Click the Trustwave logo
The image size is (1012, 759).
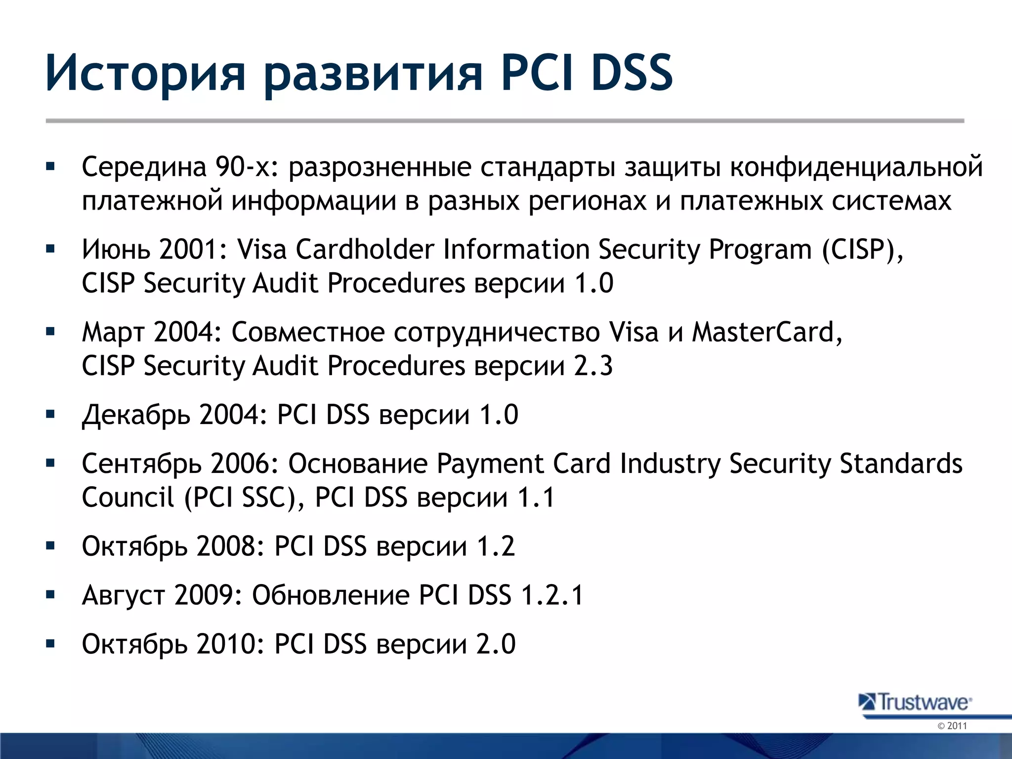pos(916,702)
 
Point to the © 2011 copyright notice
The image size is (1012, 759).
pos(952,726)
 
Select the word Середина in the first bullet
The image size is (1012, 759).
pos(144,167)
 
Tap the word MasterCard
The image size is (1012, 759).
pos(766,332)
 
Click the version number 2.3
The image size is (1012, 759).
pos(593,366)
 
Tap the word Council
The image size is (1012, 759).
pos(128,497)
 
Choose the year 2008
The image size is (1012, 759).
pos(227,546)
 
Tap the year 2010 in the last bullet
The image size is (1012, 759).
pos(227,644)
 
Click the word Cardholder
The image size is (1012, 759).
pos(365,249)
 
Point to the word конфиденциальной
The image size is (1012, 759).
pos(856,167)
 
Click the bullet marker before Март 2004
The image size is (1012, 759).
pos(50,332)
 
